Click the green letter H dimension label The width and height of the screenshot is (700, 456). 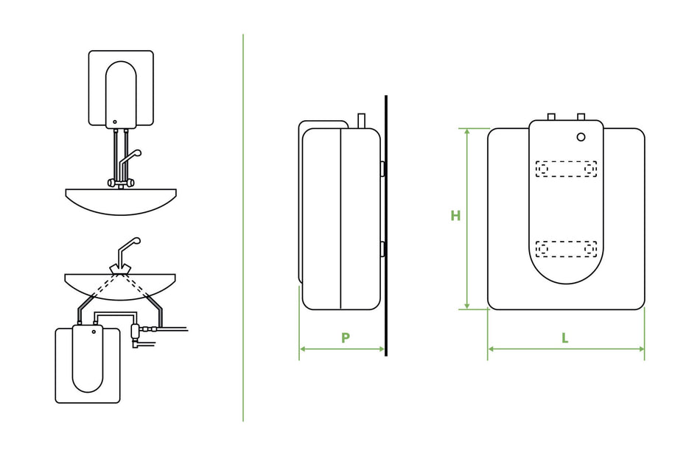pyautogui.click(x=455, y=216)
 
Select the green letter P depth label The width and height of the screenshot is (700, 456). pyautogui.click(x=345, y=338)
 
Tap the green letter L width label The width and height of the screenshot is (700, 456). pyautogui.click(x=565, y=338)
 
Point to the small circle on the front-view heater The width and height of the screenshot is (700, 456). pyautogui.click(x=581, y=137)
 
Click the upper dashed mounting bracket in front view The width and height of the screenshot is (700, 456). pyautogui.click(x=566, y=169)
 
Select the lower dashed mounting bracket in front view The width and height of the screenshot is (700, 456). pyautogui.click(x=566, y=249)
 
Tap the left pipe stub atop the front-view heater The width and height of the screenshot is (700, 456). pyautogui.click(x=551, y=116)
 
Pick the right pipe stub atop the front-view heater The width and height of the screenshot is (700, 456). pyautogui.click(x=581, y=116)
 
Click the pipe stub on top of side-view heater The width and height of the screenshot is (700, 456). pyautogui.click(x=361, y=121)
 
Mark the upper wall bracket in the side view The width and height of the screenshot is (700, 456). pyautogui.click(x=382, y=169)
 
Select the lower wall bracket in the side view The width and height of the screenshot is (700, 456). pyautogui.click(x=382, y=248)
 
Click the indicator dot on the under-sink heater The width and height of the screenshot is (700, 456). pyautogui.click(x=94, y=331)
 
